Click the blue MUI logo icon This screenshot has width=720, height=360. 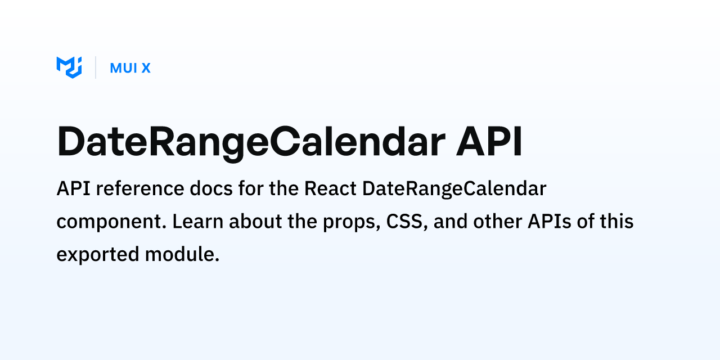pyautogui.click(x=69, y=67)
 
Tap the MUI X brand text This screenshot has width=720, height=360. pyautogui.click(x=130, y=68)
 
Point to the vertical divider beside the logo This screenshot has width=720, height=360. pyautogui.click(x=96, y=67)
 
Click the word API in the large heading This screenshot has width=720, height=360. pyautogui.click(x=489, y=141)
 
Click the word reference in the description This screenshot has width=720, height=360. pyautogui.click(x=140, y=188)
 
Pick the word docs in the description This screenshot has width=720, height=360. pyautogui.click(x=211, y=188)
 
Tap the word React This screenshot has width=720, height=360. pyautogui.click(x=330, y=188)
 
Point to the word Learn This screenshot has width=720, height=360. pyautogui.click(x=197, y=221)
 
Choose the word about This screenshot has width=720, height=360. pyautogui.click(x=255, y=221)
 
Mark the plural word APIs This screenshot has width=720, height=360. pyautogui.click(x=550, y=221)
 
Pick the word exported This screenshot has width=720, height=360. pyautogui.click(x=98, y=255)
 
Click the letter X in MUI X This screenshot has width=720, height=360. pyautogui.click(x=146, y=68)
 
